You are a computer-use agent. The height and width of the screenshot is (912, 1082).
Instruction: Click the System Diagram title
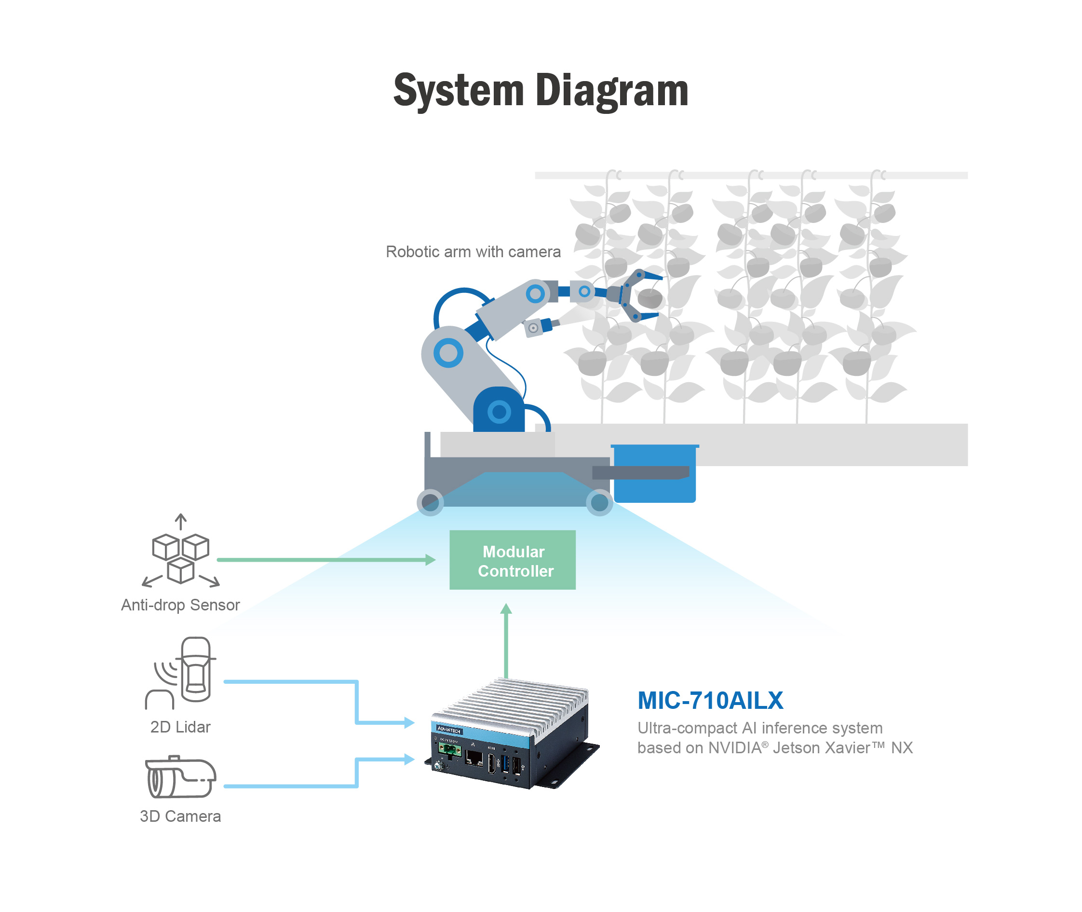tap(541, 91)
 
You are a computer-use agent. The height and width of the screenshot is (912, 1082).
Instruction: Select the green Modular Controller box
tap(512, 559)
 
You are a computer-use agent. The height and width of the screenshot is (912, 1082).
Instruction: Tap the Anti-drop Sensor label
tap(180, 605)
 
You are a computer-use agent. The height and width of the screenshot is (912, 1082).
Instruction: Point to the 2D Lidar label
tap(180, 727)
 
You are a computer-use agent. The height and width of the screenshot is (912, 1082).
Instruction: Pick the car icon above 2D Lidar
tap(196, 670)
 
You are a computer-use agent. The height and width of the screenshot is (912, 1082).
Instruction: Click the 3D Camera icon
tap(180, 777)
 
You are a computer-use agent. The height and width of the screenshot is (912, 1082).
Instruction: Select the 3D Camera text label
tap(180, 816)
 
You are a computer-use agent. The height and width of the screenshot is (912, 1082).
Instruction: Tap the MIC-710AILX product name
tap(710, 701)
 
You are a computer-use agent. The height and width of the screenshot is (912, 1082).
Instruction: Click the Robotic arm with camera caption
tap(473, 252)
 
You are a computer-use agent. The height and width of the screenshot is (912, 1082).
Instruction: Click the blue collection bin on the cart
tap(655, 473)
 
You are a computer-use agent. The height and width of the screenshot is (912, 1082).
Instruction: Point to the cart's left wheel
tap(430, 502)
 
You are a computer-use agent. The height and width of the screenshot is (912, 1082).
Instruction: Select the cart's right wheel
tap(599, 502)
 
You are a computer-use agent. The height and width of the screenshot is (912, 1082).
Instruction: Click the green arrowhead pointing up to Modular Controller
tap(506, 608)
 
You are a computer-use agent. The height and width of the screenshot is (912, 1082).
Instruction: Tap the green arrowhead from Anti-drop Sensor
tap(431, 559)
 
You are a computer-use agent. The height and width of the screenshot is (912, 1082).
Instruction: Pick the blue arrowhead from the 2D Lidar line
tap(409, 722)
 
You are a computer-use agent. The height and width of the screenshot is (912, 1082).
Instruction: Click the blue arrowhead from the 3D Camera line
tap(409, 759)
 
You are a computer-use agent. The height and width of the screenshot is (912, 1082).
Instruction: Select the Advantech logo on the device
tap(448, 730)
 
